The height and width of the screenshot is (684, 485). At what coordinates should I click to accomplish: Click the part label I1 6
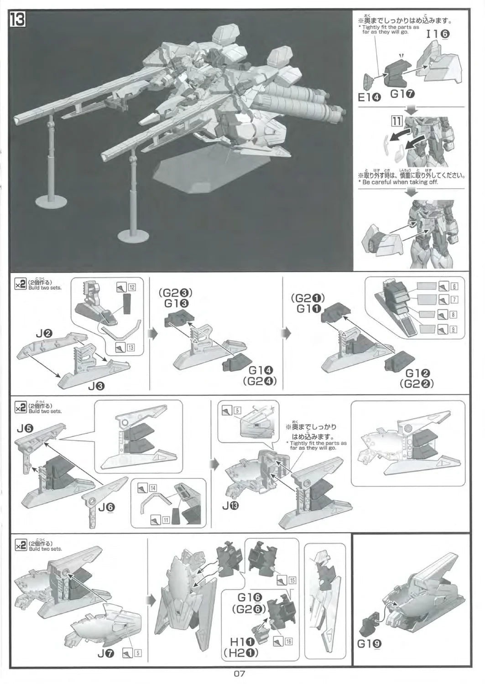click(438, 34)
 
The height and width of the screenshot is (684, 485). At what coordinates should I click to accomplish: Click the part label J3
click(97, 387)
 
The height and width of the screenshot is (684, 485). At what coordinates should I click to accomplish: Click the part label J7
click(106, 653)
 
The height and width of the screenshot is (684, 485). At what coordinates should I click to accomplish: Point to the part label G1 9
click(370, 644)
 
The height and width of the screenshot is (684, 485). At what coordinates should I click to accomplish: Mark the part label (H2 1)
click(241, 653)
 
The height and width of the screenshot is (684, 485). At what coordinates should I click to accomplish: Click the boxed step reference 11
click(396, 121)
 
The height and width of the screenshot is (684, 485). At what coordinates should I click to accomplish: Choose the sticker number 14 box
click(153, 488)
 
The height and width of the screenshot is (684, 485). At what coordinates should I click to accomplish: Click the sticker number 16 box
click(288, 642)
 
